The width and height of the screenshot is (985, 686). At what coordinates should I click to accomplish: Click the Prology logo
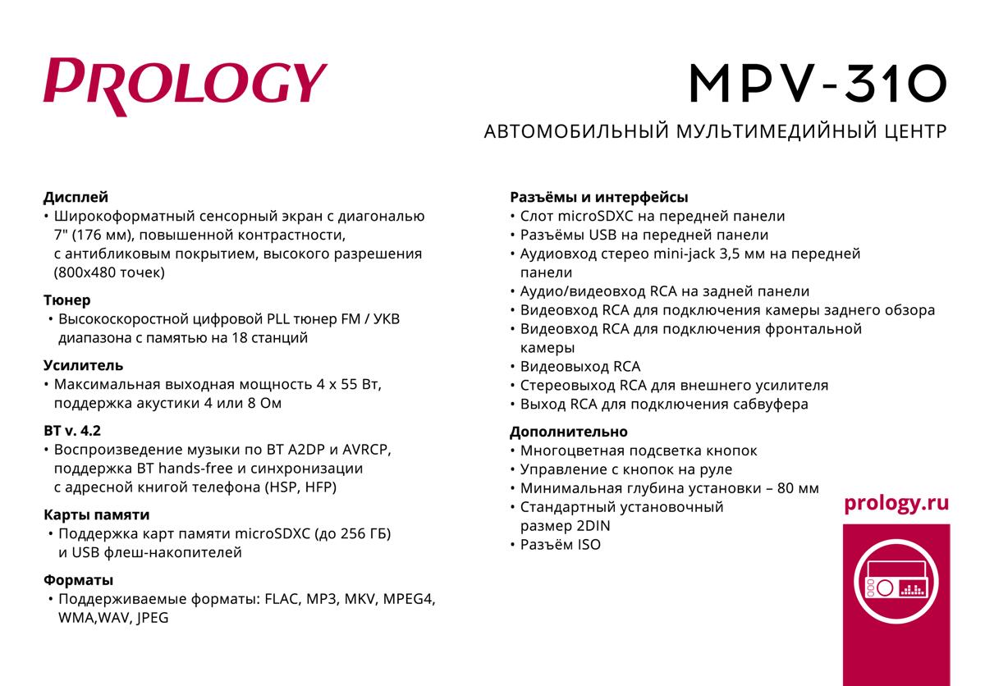pos(185,84)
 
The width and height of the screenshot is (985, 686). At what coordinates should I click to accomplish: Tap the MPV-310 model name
pos(817,84)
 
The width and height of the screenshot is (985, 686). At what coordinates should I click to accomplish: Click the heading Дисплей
pos(76,197)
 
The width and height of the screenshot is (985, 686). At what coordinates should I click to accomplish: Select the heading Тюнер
pos(67,300)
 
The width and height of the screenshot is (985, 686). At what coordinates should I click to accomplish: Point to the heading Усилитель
pos(83,365)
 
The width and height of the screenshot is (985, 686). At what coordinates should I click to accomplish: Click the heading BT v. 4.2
pos(72,430)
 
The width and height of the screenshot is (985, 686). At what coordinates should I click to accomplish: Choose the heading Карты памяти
pos(96,515)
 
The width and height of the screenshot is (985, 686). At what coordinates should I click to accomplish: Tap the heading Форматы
pos(78,580)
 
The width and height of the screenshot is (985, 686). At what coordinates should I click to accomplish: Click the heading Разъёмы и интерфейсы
pos(598,197)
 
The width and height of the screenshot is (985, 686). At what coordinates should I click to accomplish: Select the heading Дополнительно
pos(568,432)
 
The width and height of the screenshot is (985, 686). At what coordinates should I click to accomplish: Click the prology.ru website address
pos(896,503)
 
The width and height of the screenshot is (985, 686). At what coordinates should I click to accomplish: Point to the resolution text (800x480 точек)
pos(109,272)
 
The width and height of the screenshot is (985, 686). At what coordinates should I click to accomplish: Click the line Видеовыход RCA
pos(580,366)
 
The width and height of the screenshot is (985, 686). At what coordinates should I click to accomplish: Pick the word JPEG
pos(152,618)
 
